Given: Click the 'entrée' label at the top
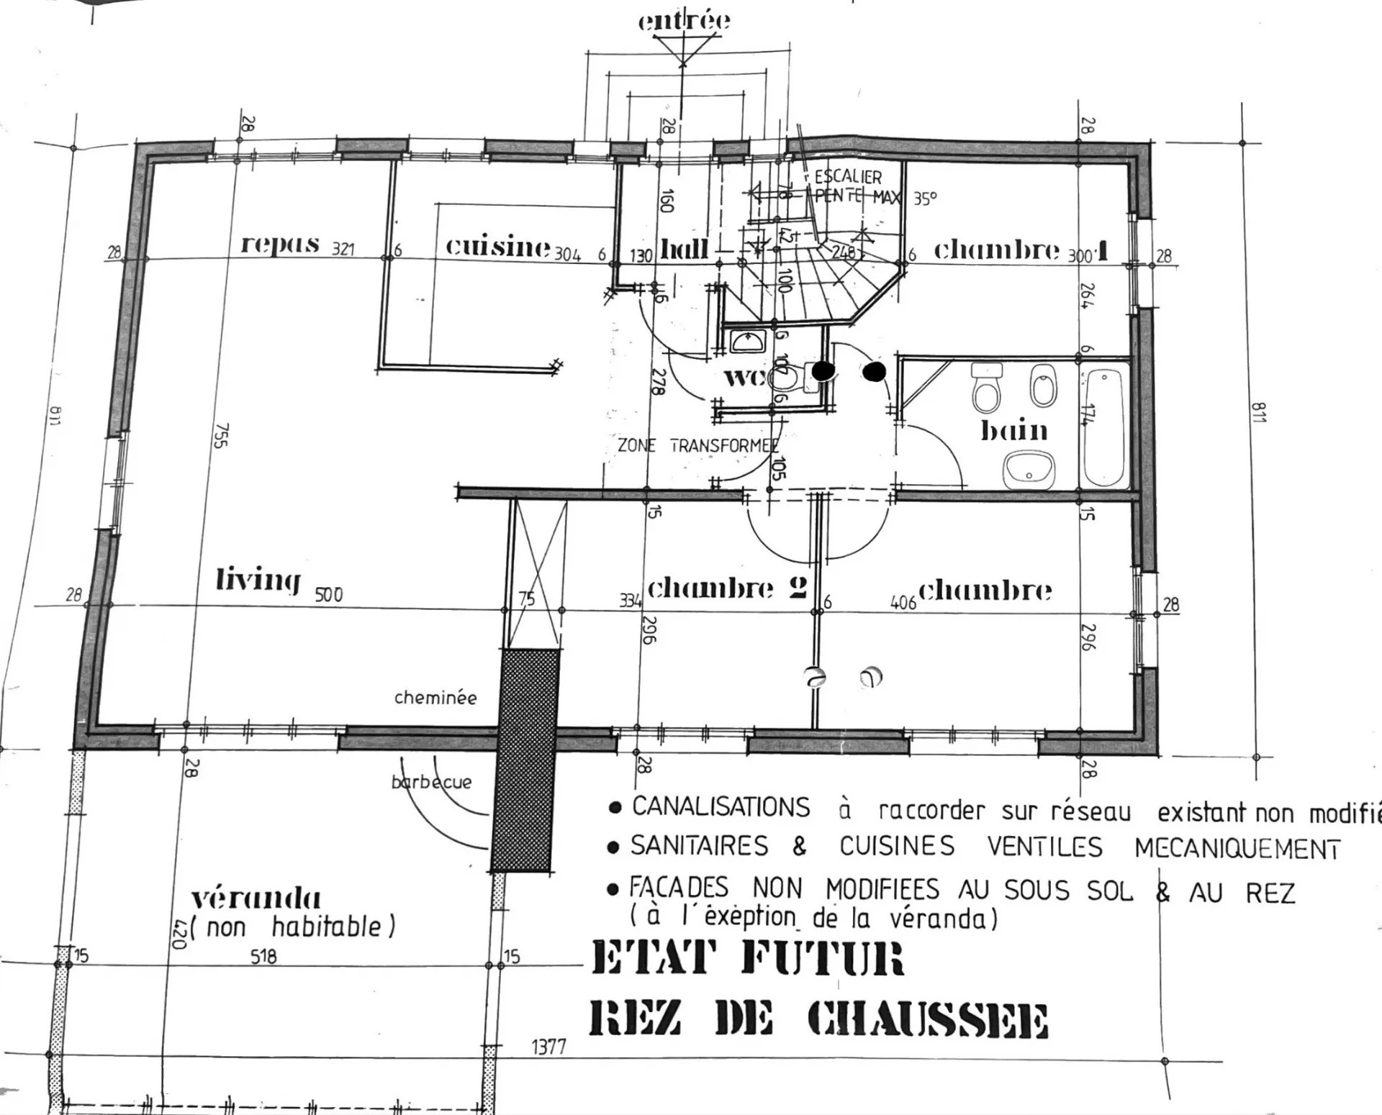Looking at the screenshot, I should [x=684, y=21].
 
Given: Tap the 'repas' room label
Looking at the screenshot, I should [x=280, y=245].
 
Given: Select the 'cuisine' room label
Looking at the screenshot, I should [x=497, y=247].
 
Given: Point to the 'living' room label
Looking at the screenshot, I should [x=258, y=580].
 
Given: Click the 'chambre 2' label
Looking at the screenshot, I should [x=727, y=588].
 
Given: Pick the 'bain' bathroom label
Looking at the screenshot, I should [x=1014, y=431].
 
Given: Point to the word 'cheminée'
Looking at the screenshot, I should [x=435, y=697].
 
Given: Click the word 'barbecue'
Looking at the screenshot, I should [x=432, y=782].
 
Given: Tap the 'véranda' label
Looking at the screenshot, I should [x=256, y=898].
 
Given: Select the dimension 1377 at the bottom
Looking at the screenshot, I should [x=548, y=1047].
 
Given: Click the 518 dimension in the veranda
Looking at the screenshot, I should [x=263, y=957].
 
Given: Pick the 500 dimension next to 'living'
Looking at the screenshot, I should [x=329, y=595].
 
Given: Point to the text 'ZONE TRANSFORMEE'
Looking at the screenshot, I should [x=697, y=445].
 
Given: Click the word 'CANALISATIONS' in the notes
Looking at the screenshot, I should [x=721, y=807].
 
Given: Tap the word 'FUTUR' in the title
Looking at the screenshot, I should [x=821, y=959].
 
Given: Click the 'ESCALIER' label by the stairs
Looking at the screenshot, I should [x=848, y=177].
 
